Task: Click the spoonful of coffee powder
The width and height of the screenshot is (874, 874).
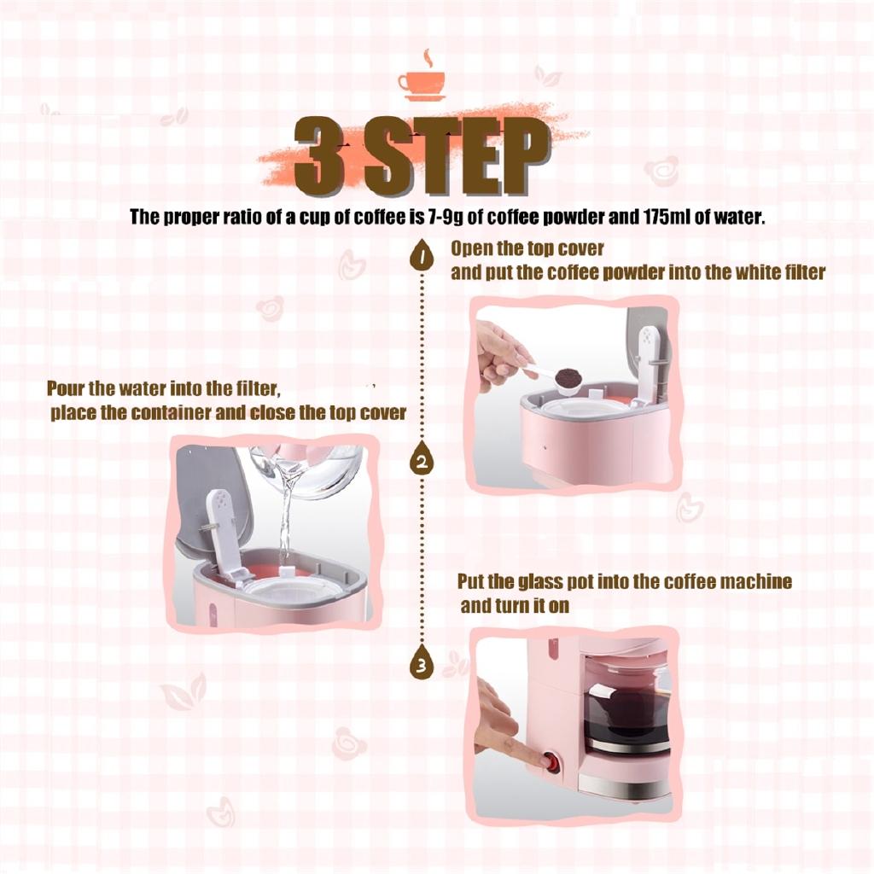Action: [x=568, y=376]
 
